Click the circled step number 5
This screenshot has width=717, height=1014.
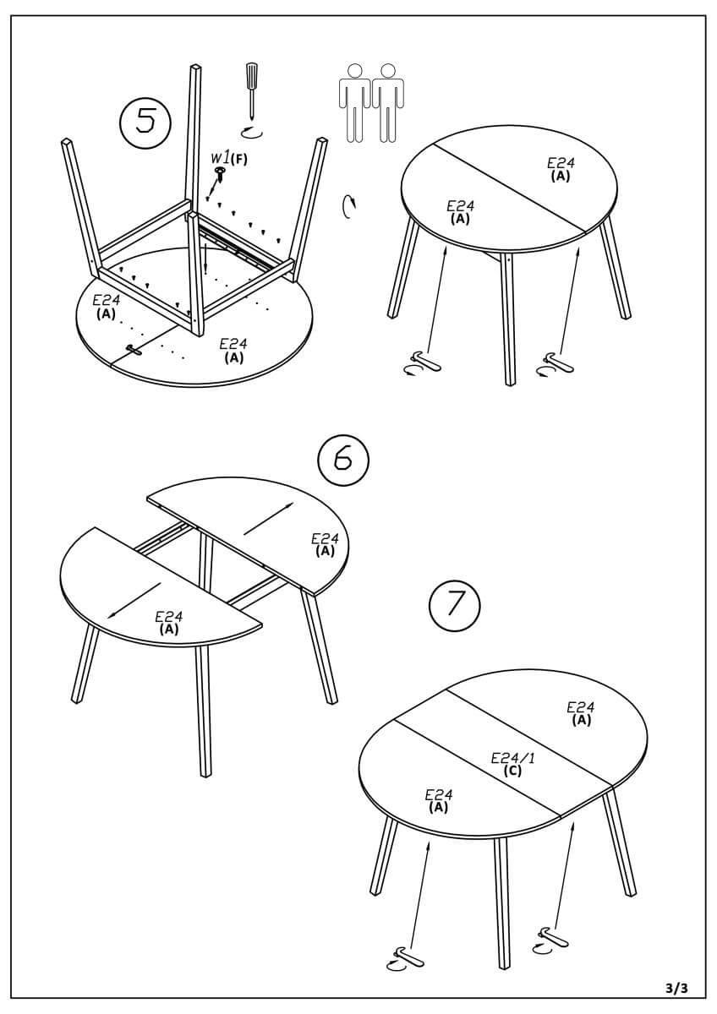point(145,123)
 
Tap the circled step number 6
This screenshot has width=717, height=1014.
point(343,460)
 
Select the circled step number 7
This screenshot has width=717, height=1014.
point(454,605)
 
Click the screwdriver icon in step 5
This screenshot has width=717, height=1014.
point(249,91)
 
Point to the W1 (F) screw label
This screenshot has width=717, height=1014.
point(229,159)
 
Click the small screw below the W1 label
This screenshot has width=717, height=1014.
point(221,174)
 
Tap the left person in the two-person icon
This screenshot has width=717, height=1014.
point(354,103)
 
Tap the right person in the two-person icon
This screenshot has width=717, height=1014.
point(388,103)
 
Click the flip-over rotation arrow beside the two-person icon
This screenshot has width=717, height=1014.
point(349,207)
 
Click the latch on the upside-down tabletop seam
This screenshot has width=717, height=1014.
point(134,349)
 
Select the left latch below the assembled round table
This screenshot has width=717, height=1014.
point(423,363)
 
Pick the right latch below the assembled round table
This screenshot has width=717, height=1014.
point(554,364)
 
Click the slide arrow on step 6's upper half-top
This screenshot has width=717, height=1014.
point(269,519)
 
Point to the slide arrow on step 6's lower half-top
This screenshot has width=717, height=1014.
point(134,600)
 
